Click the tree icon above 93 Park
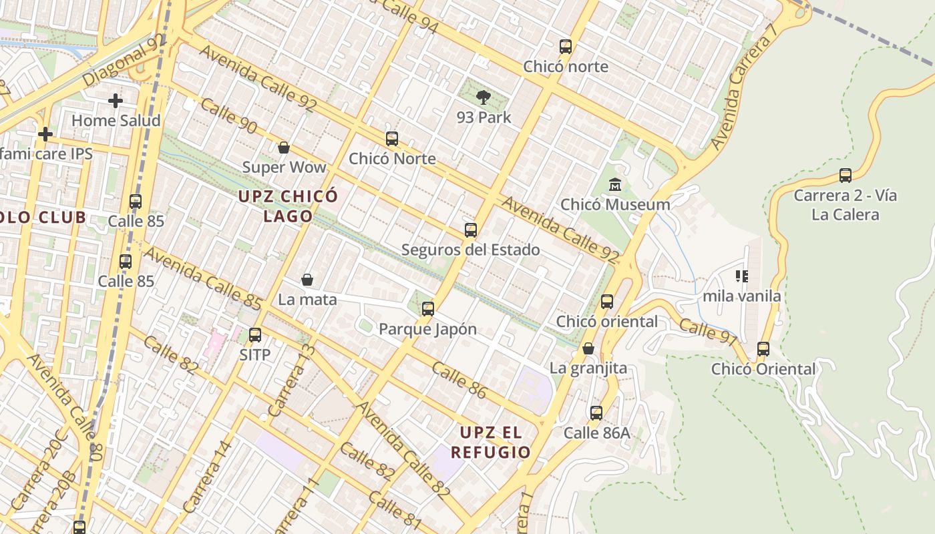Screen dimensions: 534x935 coord(483,97)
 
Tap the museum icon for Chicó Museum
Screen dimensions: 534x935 coord(615,185)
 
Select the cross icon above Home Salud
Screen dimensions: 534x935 coord(116,101)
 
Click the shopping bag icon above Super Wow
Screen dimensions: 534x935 coord(284,148)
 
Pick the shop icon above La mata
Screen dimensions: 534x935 coord(307,280)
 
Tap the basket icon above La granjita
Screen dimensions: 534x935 coord(588,348)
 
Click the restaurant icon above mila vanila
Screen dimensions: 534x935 coord(741,276)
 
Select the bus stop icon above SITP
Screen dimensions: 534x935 coord(254,335)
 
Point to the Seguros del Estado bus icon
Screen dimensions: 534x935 coord(471,230)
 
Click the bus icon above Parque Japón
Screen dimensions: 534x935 coord(428,309)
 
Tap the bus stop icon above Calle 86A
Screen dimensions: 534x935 coord(596,413)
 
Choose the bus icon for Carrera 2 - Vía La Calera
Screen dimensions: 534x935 coord(846,176)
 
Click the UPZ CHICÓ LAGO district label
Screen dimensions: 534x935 coord(289,206)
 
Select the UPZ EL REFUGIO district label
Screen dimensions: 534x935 coord(491,443)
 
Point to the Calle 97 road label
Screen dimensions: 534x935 coord(709,332)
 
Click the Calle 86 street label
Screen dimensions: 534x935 coord(459,380)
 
